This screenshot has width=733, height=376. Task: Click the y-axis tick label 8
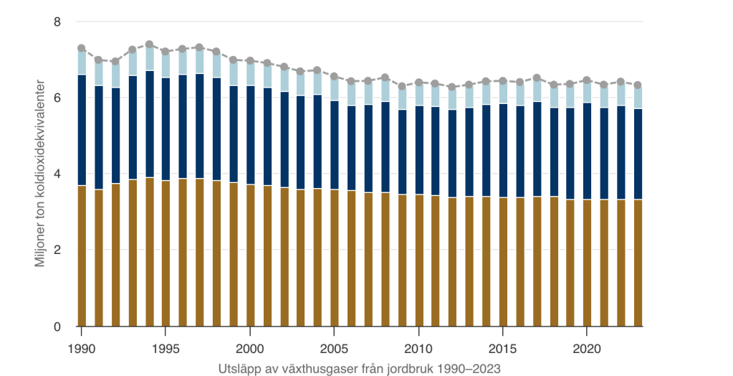point(58,22)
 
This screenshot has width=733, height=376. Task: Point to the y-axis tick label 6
point(58,98)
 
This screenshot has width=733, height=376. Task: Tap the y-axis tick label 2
point(58,250)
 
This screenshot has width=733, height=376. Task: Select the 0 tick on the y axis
point(58,326)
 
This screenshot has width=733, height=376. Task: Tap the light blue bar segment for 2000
point(250,73)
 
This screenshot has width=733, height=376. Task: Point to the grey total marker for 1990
point(82,48)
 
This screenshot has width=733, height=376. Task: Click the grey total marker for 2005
point(334,76)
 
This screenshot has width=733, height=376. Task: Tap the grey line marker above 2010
point(418,83)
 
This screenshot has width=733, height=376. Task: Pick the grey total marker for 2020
point(587,80)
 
